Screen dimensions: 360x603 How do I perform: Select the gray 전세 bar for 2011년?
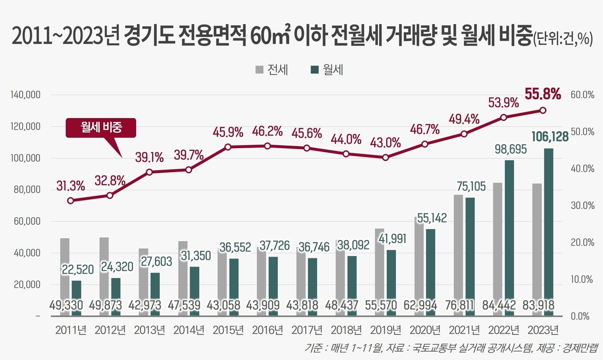pos(65,267)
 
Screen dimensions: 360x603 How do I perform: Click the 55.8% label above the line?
pos(543,93)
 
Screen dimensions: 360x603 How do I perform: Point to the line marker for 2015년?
pos(228,147)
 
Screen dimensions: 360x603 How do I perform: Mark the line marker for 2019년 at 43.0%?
pos(385,158)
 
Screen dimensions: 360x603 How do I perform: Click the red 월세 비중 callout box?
pos(100,128)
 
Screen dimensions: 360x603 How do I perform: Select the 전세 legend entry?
pos(272,70)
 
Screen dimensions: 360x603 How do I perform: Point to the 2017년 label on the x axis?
pos(307,330)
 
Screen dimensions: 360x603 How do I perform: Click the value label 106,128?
pos(544,137)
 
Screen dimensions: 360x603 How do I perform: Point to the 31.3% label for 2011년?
pos(71,186)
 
